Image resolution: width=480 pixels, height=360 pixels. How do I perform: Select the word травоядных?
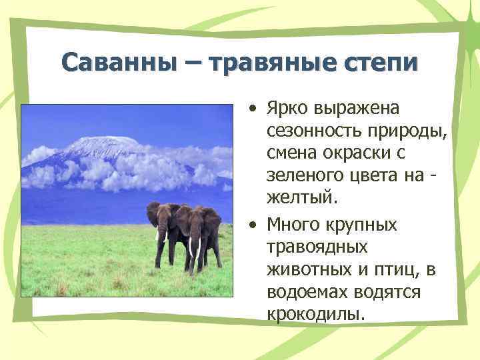(x=317, y=248)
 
